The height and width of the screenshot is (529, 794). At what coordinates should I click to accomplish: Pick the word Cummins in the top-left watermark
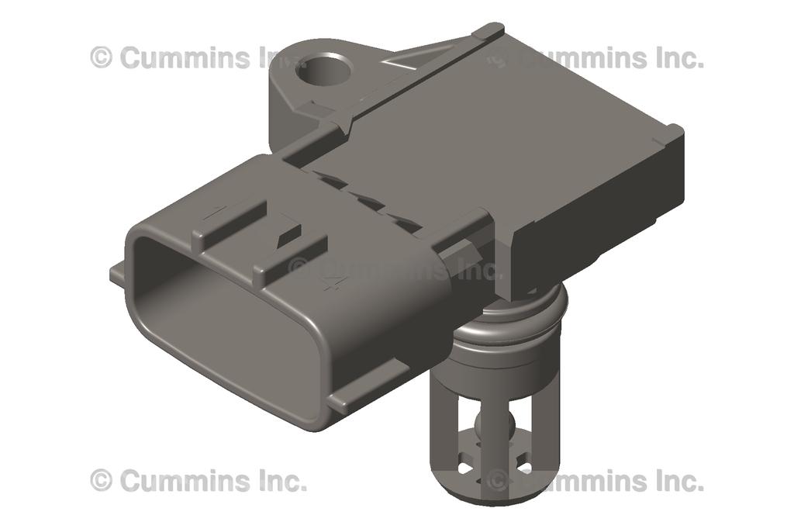185,57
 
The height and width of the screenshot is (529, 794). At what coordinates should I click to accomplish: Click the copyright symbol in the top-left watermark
101,57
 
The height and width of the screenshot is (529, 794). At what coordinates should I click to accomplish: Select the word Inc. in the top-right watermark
672,57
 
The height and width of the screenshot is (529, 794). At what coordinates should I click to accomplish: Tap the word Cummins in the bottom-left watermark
185,480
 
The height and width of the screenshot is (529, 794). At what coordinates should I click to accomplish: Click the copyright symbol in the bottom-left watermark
101,480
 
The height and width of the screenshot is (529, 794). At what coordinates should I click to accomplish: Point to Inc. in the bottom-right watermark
672,480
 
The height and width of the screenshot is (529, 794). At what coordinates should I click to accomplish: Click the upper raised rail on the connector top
233,216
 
